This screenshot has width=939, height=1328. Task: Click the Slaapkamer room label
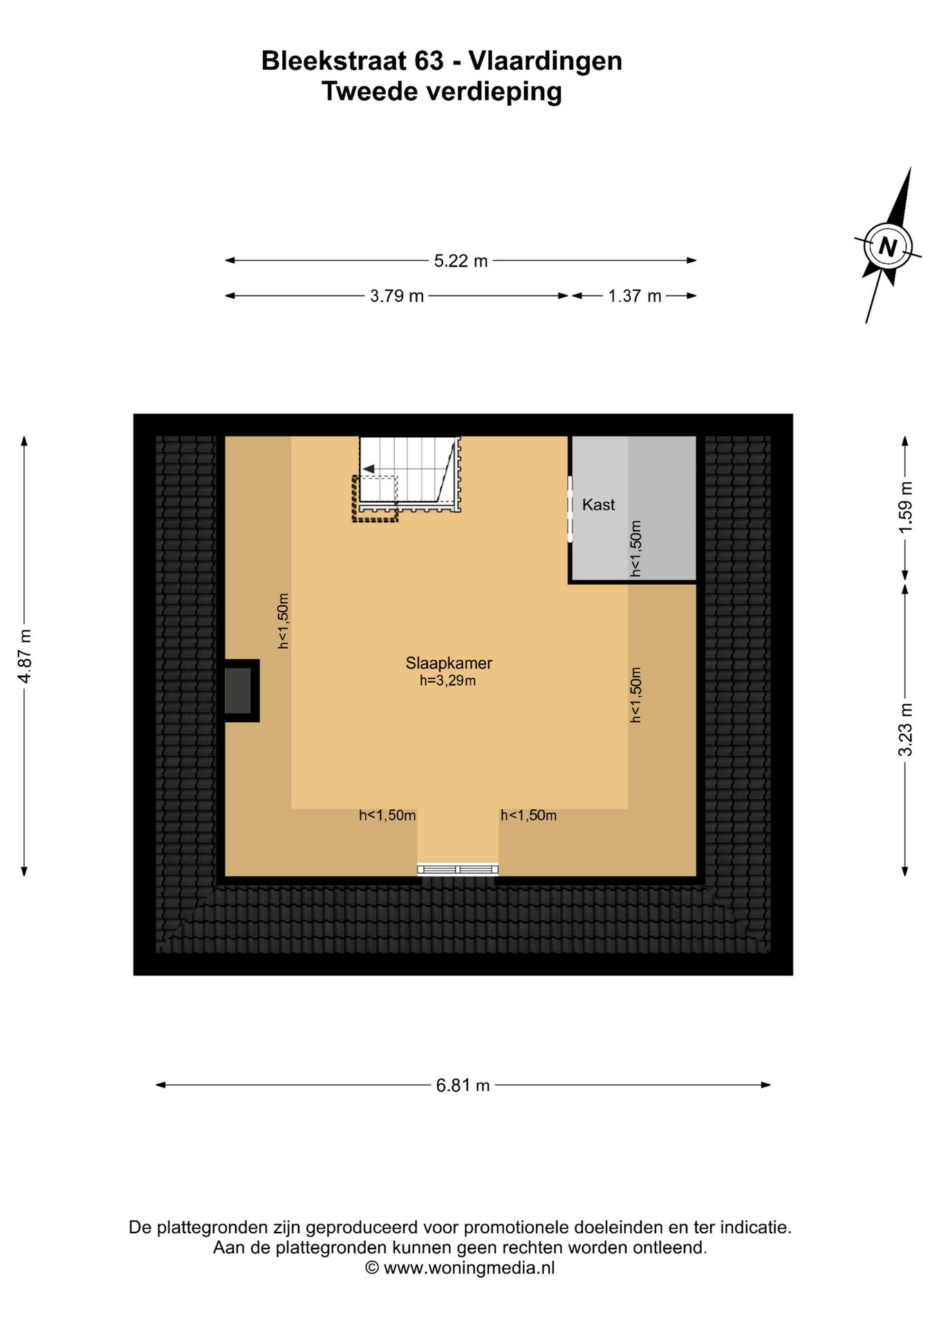tap(449, 663)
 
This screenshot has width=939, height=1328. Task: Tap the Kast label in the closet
tap(598, 504)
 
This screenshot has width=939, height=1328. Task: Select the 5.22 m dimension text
tap(461, 261)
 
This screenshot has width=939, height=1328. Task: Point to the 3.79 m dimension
tap(397, 296)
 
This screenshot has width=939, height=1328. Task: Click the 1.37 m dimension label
tap(635, 296)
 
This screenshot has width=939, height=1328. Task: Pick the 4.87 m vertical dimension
tap(24, 656)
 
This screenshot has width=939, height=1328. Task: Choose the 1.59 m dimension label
tap(905, 507)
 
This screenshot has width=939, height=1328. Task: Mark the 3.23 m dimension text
tap(905, 729)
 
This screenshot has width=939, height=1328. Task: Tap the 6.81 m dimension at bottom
tap(463, 1085)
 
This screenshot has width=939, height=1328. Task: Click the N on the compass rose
tap(887, 246)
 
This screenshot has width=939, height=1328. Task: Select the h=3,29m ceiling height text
tap(447, 681)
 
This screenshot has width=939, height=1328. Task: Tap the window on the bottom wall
tap(457, 869)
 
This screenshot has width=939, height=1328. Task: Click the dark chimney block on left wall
tap(239, 690)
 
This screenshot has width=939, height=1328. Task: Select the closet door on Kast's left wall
tap(570, 508)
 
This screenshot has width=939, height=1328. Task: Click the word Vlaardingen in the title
tap(546, 61)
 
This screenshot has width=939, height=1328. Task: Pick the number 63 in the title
tap(429, 61)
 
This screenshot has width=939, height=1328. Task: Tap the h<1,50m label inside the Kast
tap(635, 548)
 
